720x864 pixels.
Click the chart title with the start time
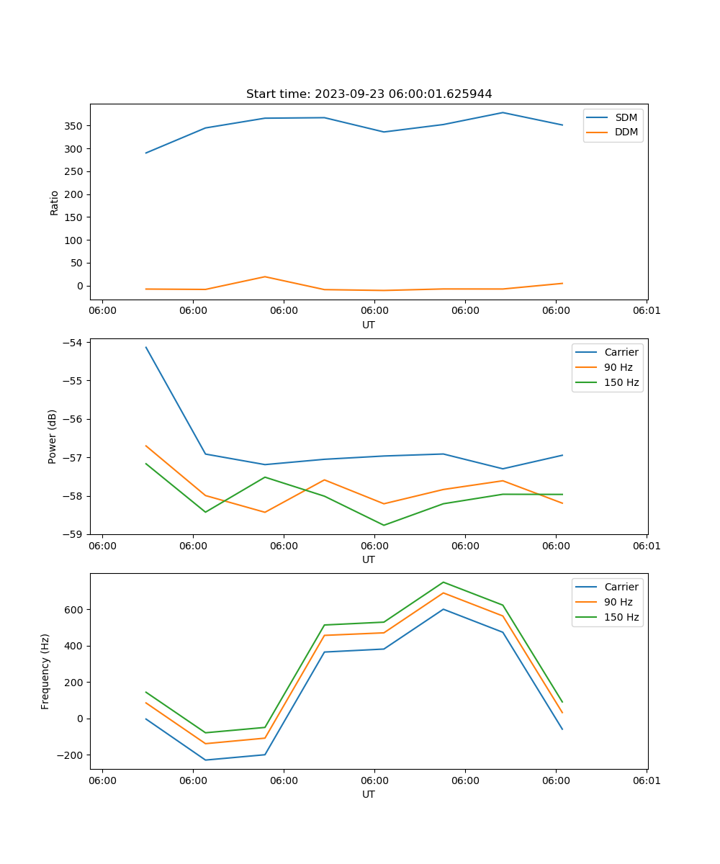(369, 94)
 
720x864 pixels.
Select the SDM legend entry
(626, 117)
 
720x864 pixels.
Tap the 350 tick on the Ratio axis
(74, 126)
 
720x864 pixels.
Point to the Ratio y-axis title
(55, 202)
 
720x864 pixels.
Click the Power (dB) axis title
(53, 436)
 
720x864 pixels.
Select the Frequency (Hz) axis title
(45, 671)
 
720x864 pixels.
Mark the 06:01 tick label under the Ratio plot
(647, 311)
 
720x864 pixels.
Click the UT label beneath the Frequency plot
(369, 794)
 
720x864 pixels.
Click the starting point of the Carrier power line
(146, 347)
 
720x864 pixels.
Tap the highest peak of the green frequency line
(443, 582)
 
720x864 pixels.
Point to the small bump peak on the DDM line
(265, 276)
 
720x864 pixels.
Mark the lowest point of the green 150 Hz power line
(384, 525)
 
